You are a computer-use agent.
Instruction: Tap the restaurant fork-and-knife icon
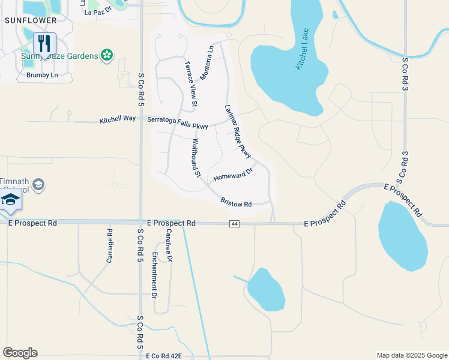[44, 43]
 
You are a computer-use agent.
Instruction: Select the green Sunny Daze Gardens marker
[107, 56]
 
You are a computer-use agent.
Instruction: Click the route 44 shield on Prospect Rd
[234, 223]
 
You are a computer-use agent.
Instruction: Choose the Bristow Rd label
[235, 203]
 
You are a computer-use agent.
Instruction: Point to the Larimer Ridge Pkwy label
[238, 131]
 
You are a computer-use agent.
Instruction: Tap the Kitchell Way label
[118, 121]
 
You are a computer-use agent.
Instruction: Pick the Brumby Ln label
[42, 75]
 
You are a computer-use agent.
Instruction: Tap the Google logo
[20, 353]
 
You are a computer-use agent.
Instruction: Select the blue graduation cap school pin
[10, 200]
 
